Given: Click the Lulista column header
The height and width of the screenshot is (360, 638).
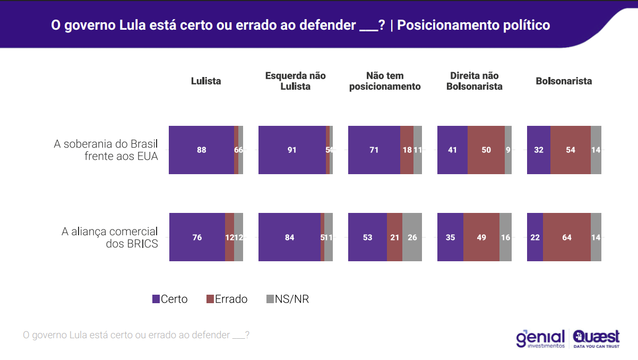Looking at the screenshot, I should pyautogui.click(x=206, y=81).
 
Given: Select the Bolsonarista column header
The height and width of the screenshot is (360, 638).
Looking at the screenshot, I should pyautogui.click(x=564, y=81).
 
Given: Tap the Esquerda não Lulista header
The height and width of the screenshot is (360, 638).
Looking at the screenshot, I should pyautogui.click(x=295, y=81).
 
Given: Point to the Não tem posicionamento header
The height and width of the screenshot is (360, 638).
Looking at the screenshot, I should pyautogui.click(x=385, y=81).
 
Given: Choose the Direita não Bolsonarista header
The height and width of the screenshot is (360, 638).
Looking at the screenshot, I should pyautogui.click(x=474, y=81).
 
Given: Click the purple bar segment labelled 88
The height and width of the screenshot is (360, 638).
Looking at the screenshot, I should pyautogui.click(x=201, y=150).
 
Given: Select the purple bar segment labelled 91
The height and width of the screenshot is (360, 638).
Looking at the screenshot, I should pyautogui.click(x=292, y=150).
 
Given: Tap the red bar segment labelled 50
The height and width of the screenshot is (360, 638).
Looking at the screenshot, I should pyautogui.click(x=486, y=150).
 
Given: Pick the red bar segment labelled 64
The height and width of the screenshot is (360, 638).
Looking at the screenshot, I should pyautogui.click(x=567, y=237).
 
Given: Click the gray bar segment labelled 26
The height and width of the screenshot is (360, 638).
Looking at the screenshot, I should pyautogui.click(x=412, y=237).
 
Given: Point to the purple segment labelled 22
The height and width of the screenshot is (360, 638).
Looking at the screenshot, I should pyautogui.click(x=535, y=237).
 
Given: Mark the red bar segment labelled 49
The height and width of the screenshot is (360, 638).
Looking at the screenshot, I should pyautogui.click(x=481, y=237).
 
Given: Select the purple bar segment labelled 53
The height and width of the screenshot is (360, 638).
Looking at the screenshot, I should pyautogui.click(x=367, y=237).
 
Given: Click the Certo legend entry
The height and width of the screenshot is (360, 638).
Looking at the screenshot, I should pyautogui.click(x=170, y=299).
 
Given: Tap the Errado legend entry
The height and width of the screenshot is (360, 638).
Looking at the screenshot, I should pyautogui.click(x=227, y=299).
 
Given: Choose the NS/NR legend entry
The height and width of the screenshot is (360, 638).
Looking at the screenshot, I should pyautogui.click(x=287, y=299).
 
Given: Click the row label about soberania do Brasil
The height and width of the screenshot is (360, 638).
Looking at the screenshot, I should pyautogui.click(x=106, y=150).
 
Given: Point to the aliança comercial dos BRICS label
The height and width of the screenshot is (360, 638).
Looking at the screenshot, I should pyautogui.click(x=110, y=237).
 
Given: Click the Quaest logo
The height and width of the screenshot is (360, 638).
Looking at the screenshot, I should pyautogui.click(x=596, y=338).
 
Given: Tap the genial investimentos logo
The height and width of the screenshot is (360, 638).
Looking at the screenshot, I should pyautogui.click(x=540, y=338).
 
